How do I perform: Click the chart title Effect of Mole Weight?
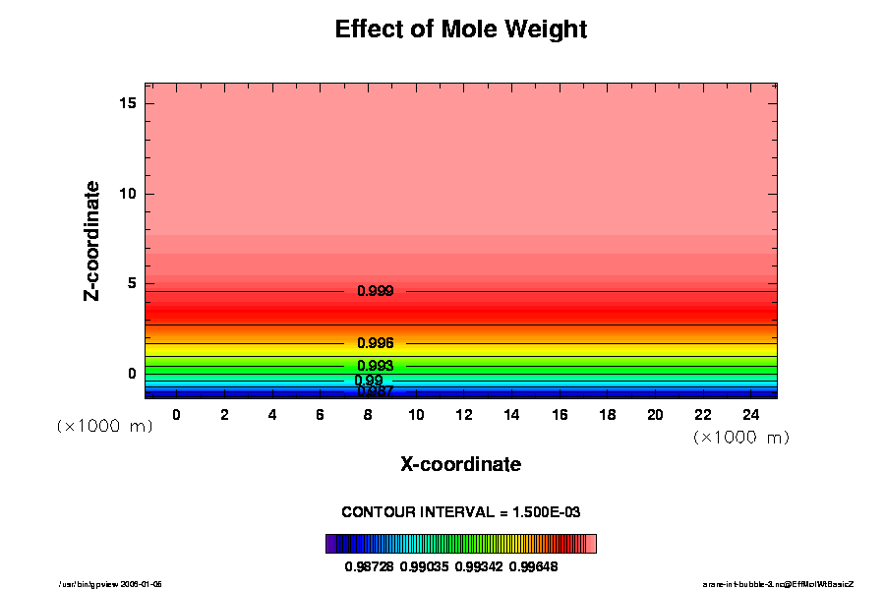(460, 29)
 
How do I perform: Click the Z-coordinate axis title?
(92, 240)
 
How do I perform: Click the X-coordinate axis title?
(460, 464)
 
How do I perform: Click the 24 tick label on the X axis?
(750, 415)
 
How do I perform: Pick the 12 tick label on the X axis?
(463, 415)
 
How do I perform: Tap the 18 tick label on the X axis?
(607, 415)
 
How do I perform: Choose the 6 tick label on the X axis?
(320, 415)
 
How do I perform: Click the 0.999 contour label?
(375, 291)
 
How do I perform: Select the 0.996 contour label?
(375, 343)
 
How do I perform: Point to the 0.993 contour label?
(375, 366)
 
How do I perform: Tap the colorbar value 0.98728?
(369, 566)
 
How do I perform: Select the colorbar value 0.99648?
(533, 566)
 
